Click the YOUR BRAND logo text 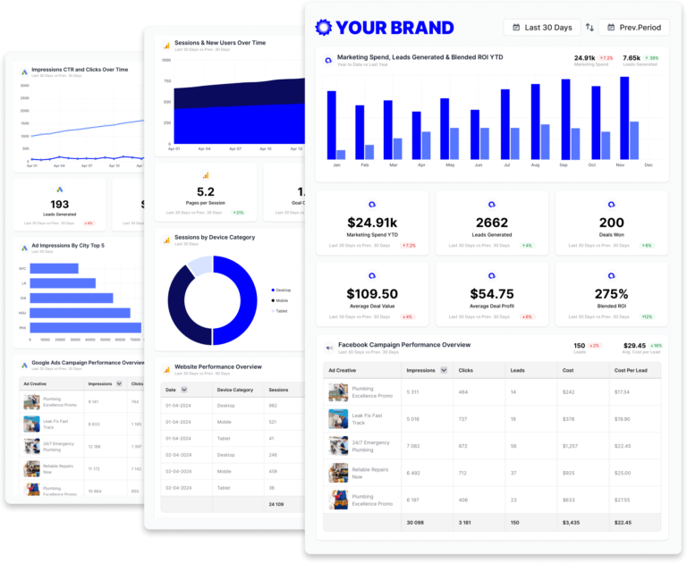394,28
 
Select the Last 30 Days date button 542,28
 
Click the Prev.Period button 633,28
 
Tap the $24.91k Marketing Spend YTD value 372,223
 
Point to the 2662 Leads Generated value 492,223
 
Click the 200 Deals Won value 612,223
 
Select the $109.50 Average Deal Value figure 372,294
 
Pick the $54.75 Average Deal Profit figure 492,294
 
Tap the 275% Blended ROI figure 612,294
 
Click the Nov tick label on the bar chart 620,165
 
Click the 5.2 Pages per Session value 205,192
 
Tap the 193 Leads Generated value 59,205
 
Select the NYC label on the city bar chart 22,268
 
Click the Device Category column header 235,390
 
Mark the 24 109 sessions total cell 277,505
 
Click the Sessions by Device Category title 214,238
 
